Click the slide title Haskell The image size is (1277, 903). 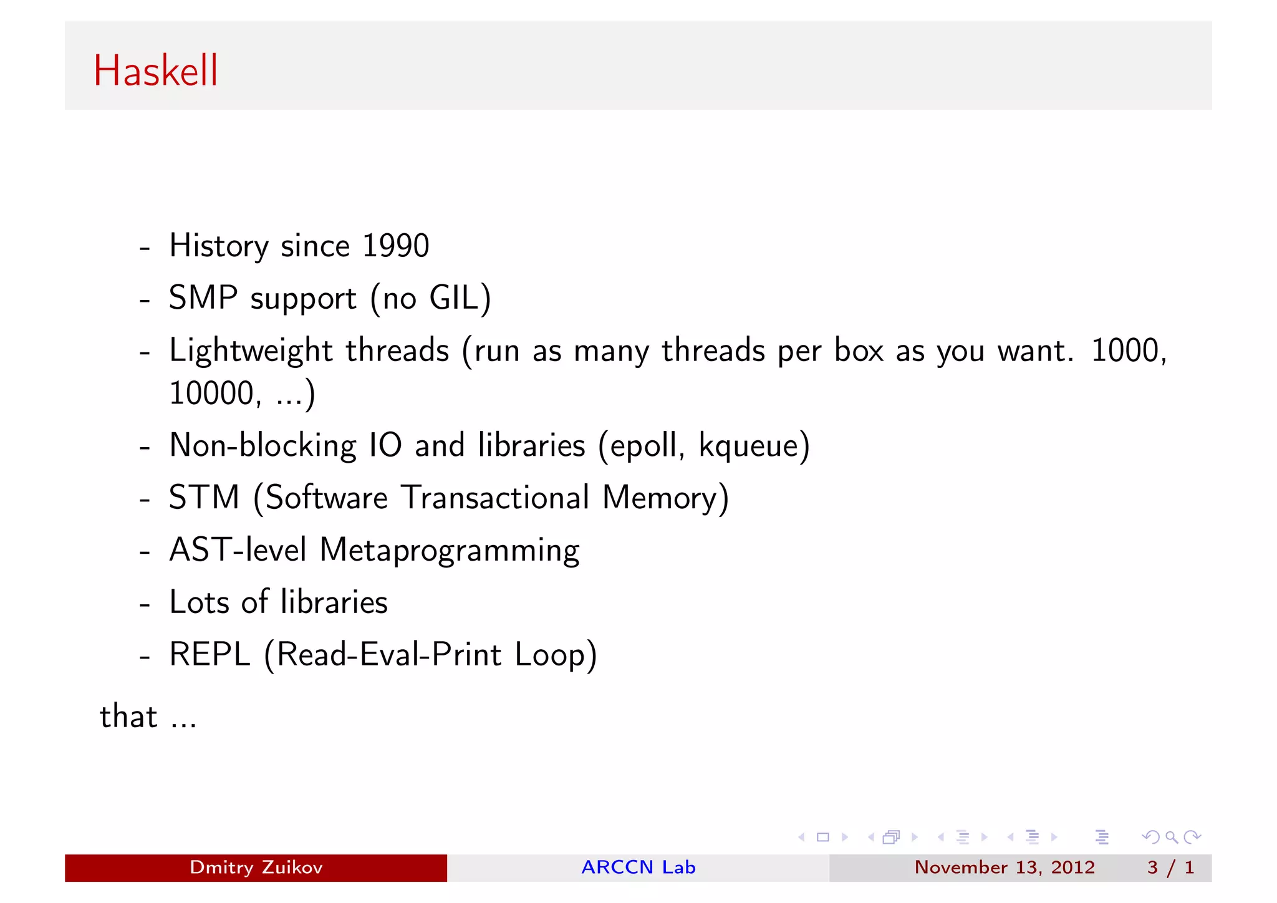coord(156,70)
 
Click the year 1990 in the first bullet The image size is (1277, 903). coord(395,246)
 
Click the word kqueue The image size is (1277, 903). coord(749,446)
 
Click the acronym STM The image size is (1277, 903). coord(204,498)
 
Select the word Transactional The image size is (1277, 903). coord(495,498)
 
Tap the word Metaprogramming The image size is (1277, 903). coord(449,551)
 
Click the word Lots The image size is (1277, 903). coord(200,602)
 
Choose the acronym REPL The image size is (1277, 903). coord(210,655)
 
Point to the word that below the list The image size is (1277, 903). coord(128,716)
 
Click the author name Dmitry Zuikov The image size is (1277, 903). coord(256,867)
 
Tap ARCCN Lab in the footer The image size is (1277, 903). coord(638,867)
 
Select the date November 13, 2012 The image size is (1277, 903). coord(1004,867)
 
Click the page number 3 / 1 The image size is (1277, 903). coord(1170,867)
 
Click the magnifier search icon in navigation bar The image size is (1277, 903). coord(1172,837)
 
